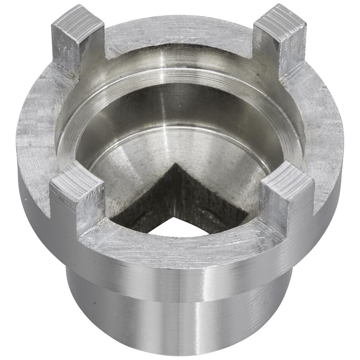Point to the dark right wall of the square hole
212,202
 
